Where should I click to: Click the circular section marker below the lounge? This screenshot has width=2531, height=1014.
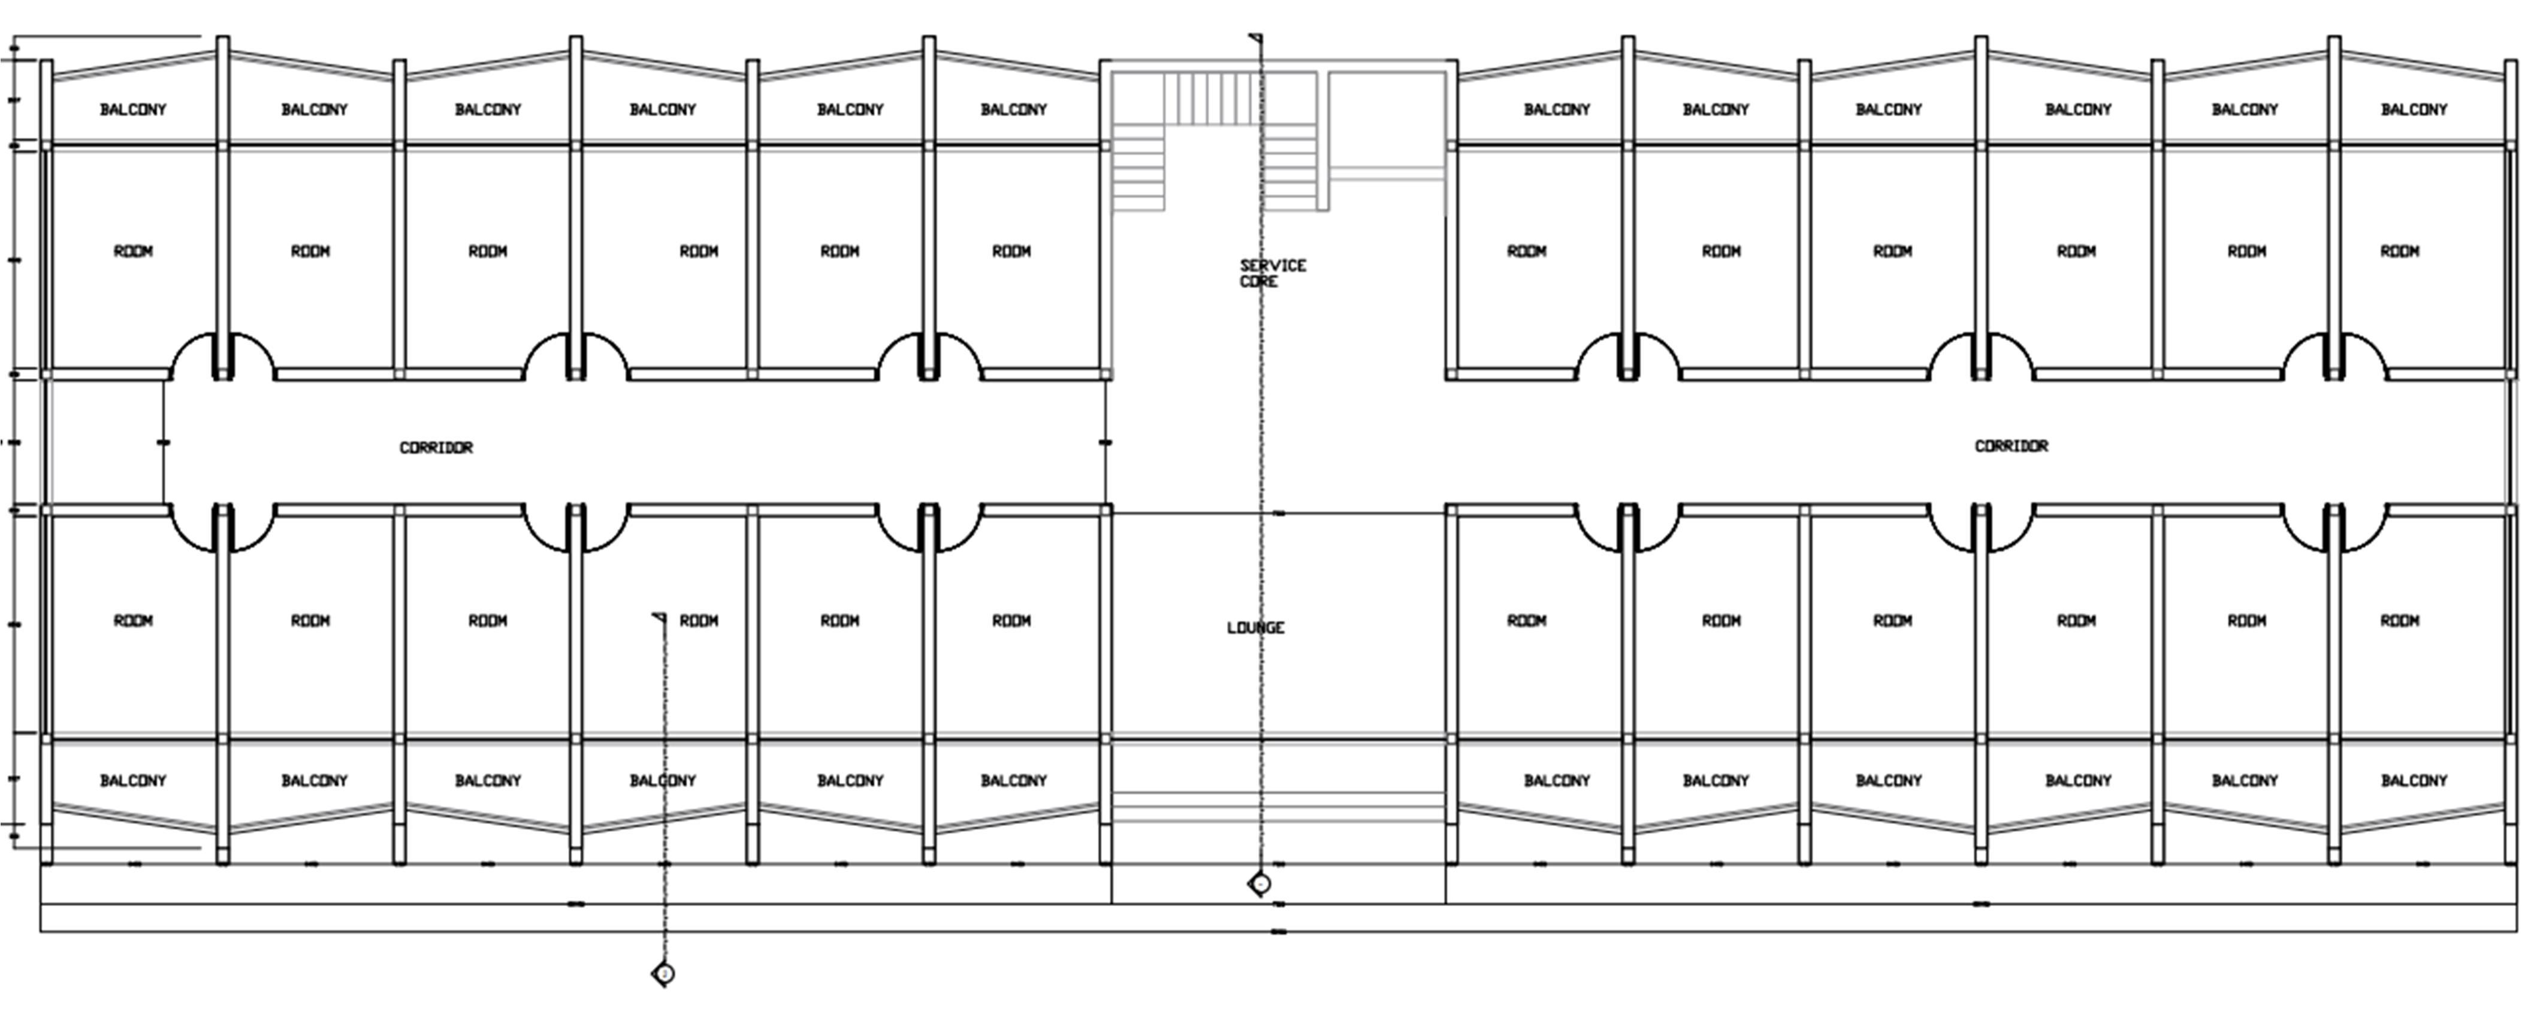click(1260, 883)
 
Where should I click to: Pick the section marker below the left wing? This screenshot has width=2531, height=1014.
click(664, 974)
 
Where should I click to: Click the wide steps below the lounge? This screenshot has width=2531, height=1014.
click(1277, 805)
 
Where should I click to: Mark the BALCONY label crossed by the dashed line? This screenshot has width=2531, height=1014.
click(662, 781)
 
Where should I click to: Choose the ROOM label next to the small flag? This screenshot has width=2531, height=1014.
click(699, 621)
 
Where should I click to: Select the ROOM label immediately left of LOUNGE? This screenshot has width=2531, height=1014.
click(1011, 621)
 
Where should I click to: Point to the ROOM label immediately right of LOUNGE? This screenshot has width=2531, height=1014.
click(1526, 621)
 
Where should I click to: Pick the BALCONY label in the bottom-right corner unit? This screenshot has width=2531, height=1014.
click(2413, 781)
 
